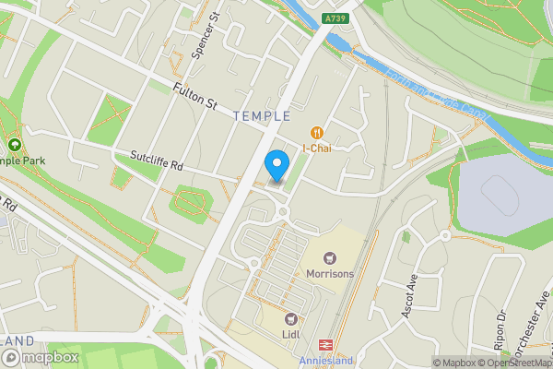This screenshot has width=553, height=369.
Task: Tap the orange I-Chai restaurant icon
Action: pos(317,133)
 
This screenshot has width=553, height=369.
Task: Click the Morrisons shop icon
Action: pos(330,257)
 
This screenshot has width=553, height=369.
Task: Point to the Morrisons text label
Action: pos(330,273)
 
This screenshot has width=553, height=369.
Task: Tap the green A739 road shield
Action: pos(335,18)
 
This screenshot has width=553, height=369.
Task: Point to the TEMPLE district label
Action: pos(262,116)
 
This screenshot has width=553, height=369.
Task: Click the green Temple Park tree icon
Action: pos(15,145)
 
